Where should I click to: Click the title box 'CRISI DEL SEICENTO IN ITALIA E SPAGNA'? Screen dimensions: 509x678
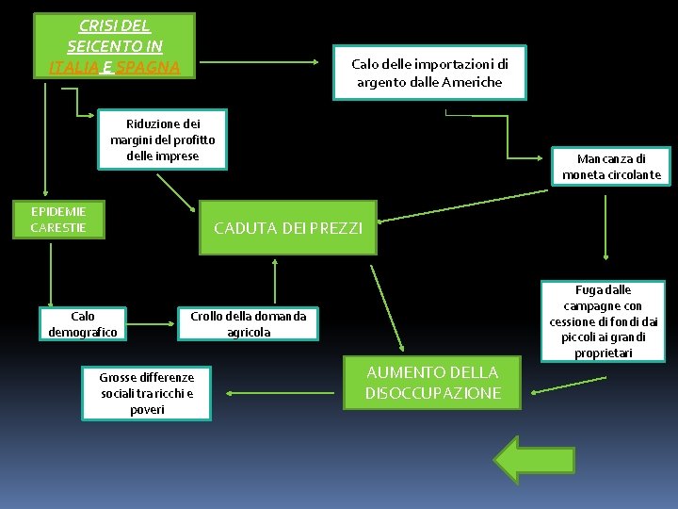click(x=114, y=45)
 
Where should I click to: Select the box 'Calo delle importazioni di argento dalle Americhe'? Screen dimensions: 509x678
click(x=429, y=73)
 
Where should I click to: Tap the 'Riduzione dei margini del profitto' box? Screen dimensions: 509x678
click(x=163, y=140)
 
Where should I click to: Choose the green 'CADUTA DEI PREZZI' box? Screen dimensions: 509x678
click(x=287, y=227)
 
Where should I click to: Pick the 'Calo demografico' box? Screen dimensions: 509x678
click(x=83, y=323)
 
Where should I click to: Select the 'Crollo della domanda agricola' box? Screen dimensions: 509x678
click(x=249, y=323)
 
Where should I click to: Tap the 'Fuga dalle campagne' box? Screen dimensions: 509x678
click(x=603, y=321)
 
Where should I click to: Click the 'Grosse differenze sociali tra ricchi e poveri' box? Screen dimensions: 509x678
click(x=146, y=393)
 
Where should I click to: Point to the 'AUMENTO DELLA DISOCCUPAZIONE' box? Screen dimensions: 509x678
click(x=432, y=385)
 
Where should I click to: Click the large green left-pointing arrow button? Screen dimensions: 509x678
click(x=532, y=459)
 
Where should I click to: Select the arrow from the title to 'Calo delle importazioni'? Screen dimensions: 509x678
click(x=259, y=63)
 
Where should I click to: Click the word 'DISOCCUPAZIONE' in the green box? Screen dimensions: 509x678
click(x=433, y=393)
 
